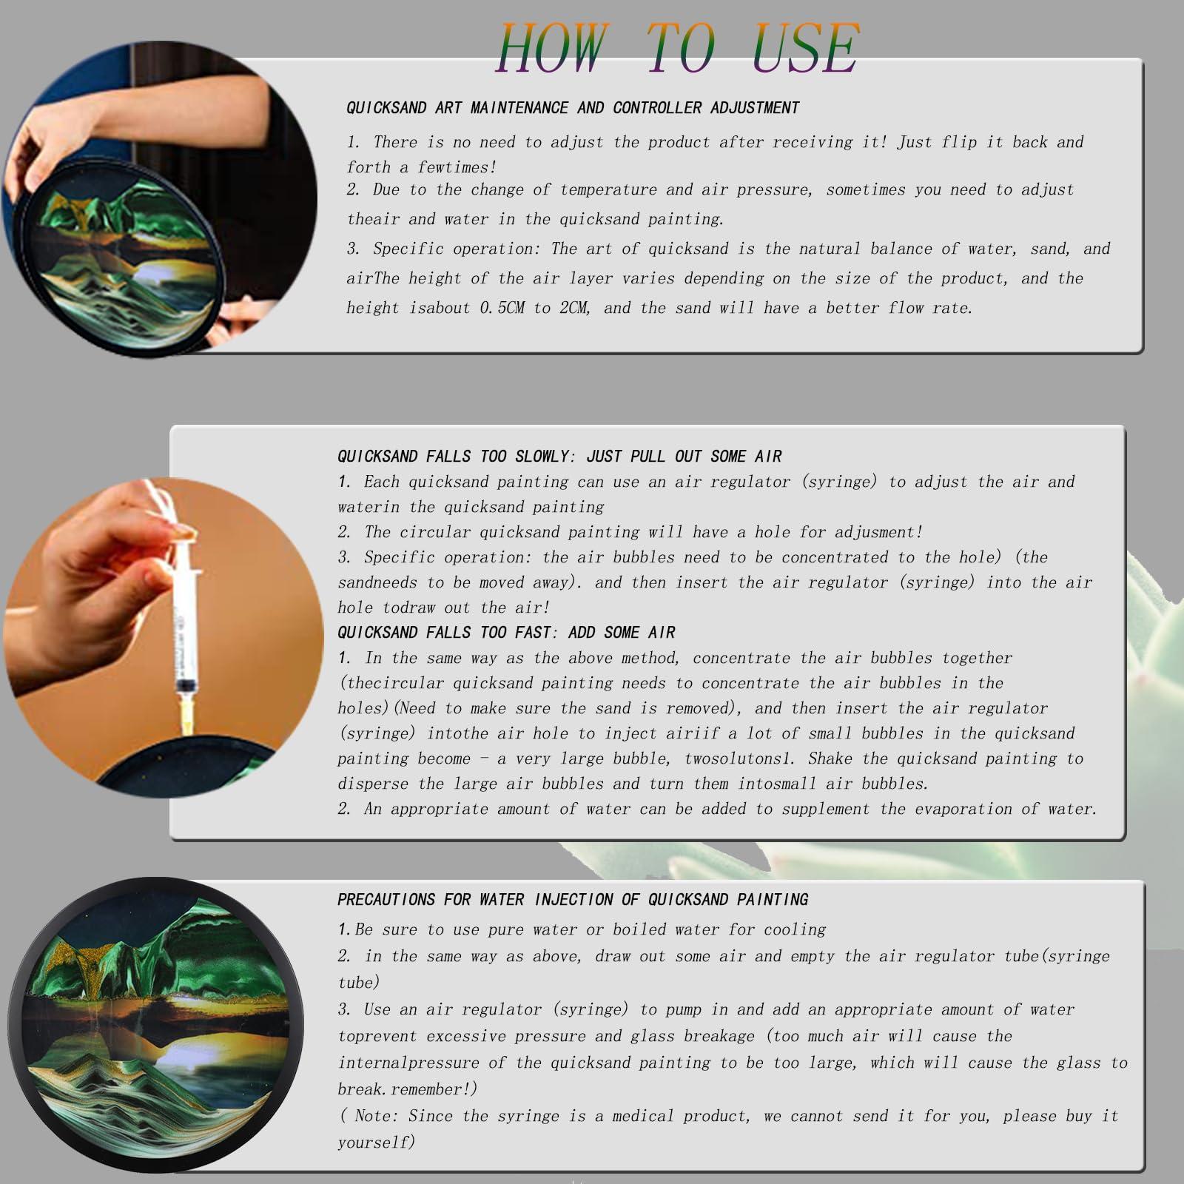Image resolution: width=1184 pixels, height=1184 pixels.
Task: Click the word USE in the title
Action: (x=805, y=48)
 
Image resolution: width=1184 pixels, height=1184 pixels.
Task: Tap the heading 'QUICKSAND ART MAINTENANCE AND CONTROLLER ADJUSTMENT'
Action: (x=573, y=108)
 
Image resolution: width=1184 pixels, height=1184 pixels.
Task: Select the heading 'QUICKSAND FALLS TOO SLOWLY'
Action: (x=452, y=457)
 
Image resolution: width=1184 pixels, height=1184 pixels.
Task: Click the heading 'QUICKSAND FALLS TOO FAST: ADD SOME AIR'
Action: (x=506, y=633)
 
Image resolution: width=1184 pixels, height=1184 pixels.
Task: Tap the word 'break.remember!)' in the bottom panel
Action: (x=408, y=1089)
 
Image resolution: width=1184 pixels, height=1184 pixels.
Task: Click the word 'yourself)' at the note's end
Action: (x=377, y=1143)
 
